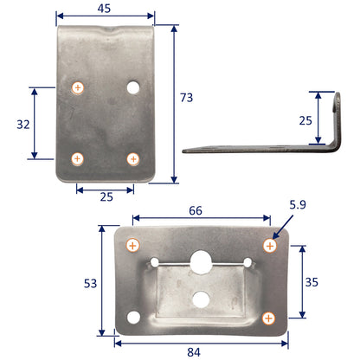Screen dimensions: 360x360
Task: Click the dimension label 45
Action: (105, 8)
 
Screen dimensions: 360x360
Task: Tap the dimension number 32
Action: (22, 123)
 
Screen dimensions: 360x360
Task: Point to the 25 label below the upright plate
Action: (106, 196)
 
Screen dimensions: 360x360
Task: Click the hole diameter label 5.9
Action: (298, 207)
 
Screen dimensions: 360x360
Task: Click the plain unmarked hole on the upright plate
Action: (133, 87)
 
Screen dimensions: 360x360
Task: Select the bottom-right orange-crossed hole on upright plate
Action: (133, 158)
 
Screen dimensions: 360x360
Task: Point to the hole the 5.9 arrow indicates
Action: (269, 247)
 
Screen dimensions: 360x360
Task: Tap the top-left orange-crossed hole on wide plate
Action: (132, 247)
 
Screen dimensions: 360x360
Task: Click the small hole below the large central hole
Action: (201, 299)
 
